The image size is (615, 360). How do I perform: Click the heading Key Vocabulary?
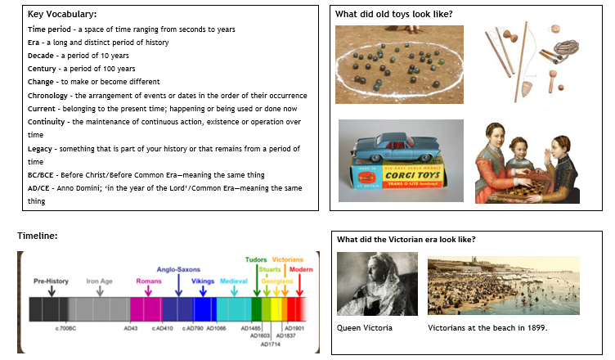pyautogui.click(x=61, y=14)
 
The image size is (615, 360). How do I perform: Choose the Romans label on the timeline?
pyautogui.click(x=149, y=281)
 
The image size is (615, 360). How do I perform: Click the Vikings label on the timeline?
pyautogui.click(x=204, y=280)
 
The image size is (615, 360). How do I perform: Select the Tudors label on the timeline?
pyautogui.click(x=256, y=260)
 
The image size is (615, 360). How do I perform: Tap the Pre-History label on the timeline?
pyautogui.click(x=52, y=281)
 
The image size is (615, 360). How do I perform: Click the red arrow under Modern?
pyautogui.click(x=299, y=288)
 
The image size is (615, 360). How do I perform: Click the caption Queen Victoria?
pyautogui.click(x=365, y=328)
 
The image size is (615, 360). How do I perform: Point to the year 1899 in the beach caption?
pyautogui.click(x=532, y=328)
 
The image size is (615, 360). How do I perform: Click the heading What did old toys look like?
pyautogui.click(x=394, y=14)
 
